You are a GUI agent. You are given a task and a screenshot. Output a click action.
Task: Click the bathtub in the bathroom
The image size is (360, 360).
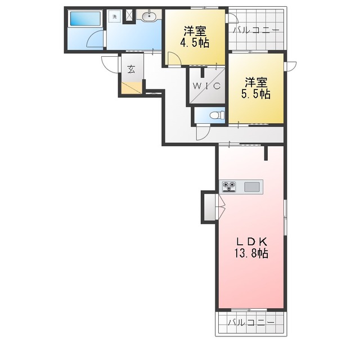[85, 19]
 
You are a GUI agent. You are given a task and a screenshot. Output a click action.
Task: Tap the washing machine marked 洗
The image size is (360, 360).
[115, 17]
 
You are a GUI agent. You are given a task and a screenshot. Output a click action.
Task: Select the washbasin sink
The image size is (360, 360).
[149, 16]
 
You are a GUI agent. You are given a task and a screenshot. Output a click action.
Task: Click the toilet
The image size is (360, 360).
[218, 115]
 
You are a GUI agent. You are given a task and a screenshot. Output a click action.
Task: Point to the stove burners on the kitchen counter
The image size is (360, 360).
[229, 186]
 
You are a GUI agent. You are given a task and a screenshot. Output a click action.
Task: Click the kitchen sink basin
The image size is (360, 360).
[252, 187]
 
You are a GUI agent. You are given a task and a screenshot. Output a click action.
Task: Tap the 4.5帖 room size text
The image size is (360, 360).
[195, 43]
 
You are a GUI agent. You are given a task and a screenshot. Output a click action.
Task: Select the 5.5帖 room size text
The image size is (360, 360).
[255, 93]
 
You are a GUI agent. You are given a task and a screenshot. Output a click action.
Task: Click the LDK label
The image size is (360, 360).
[251, 241]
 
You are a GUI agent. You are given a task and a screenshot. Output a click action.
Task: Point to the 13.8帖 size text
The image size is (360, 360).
[251, 254]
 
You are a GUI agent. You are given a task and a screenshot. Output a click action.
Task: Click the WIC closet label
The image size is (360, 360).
[206, 86]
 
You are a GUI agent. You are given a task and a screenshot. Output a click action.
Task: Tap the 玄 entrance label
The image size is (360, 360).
[131, 69]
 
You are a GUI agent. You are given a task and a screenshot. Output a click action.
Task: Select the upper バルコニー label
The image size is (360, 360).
[256, 30]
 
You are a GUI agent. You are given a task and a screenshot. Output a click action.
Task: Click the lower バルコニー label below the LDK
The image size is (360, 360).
[251, 323]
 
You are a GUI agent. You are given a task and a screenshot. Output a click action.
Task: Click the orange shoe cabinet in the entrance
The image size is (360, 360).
[132, 88]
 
